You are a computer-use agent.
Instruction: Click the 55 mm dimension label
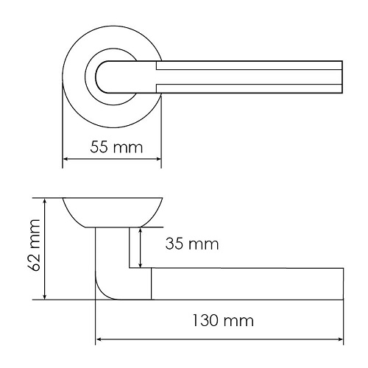tap(116, 147)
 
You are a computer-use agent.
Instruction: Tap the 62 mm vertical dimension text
tap(34, 245)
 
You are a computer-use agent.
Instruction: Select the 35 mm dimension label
tap(192, 244)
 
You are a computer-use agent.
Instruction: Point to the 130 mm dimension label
tap(223, 321)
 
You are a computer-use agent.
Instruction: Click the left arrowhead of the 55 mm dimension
tap(66, 159)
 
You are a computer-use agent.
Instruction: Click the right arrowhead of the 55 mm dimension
tap(158, 159)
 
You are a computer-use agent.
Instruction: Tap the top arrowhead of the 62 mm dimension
tap(44, 201)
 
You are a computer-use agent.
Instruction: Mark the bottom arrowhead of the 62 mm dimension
tap(44, 297)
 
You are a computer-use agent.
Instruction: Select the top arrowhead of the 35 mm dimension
tap(140, 231)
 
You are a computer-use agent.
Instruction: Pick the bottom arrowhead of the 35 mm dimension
tap(140, 264)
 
